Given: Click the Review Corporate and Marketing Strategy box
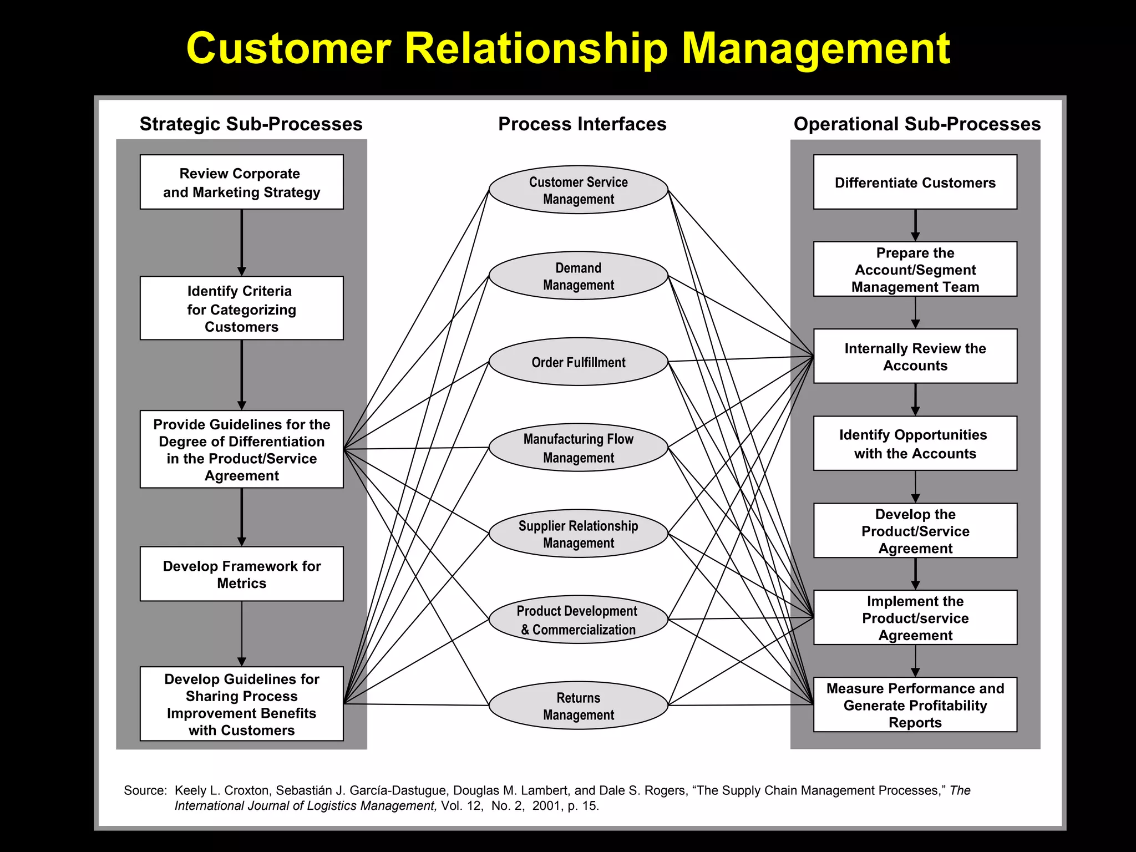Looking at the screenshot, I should tap(241, 182).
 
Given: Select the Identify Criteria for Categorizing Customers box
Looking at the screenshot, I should tap(241, 308).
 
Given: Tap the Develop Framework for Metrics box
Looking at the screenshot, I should tap(241, 574).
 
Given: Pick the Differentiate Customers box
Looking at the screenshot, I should tap(915, 182).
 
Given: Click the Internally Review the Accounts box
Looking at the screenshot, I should tap(915, 356).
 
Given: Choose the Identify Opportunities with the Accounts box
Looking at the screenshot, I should tap(915, 443).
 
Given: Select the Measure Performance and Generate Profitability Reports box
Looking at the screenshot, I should tap(915, 704).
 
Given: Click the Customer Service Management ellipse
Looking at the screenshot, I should tap(578, 190).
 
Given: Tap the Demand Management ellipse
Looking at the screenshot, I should tap(578, 276).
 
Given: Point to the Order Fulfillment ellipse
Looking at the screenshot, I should tap(578, 362).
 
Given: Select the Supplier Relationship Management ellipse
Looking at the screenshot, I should tap(578, 534).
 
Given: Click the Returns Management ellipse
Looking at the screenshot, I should tap(578, 706).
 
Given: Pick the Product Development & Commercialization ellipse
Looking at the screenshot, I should tap(578, 620).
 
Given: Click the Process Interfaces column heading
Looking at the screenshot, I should tap(582, 124).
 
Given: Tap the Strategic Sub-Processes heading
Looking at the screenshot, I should tap(251, 124).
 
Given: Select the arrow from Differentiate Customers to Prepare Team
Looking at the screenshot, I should tap(915, 225).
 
